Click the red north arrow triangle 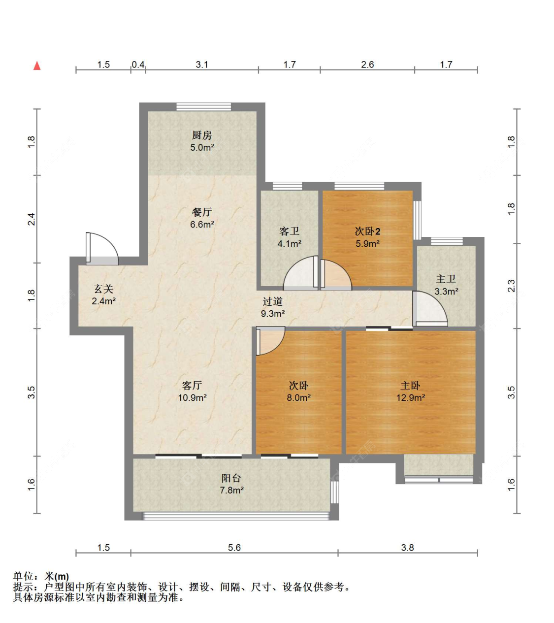(x=37, y=66)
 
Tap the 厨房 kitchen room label (x=202, y=135)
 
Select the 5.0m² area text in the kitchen (x=202, y=148)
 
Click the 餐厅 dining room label (x=202, y=212)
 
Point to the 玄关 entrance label (x=103, y=289)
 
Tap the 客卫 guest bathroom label (x=289, y=231)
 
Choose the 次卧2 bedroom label (x=367, y=231)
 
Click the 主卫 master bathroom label (x=446, y=279)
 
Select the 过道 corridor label (x=272, y=302)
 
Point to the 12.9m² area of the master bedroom (x=410, y=398)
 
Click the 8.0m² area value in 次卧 (x=298, y=398)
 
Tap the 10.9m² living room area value (x=192, y=398)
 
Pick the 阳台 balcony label (x=231, y=478)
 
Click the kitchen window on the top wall (x=203, y=107)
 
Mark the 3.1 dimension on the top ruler (x=202, y=65)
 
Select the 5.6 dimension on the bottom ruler (x=234, y=548)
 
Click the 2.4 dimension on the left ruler (x=32, y=219)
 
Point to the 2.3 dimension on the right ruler (x=511, y=286)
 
